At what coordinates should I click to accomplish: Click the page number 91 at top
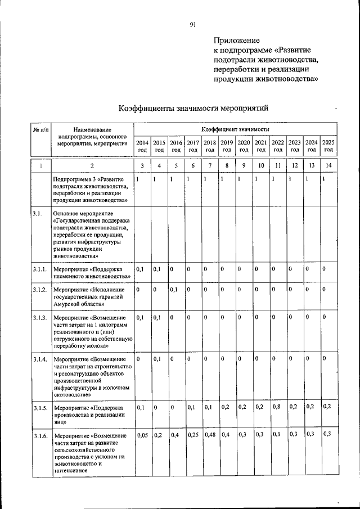[192, 24]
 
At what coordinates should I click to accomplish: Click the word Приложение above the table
[236, 40]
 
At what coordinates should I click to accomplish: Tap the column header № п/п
[40, 130]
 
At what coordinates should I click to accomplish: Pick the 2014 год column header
[143, 146]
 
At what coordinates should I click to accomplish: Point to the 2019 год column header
[227, 146]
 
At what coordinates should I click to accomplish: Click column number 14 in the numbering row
[328, 166]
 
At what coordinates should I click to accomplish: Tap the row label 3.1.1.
[39, 269]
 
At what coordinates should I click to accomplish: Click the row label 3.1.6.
[39, 435]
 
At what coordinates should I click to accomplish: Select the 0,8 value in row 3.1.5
[277, 406]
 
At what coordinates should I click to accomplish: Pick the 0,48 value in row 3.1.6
[210, 435]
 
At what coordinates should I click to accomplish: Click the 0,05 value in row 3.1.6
[142, 435]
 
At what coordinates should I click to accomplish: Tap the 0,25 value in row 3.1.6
[193, 435]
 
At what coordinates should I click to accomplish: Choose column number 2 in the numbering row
[92, 166]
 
